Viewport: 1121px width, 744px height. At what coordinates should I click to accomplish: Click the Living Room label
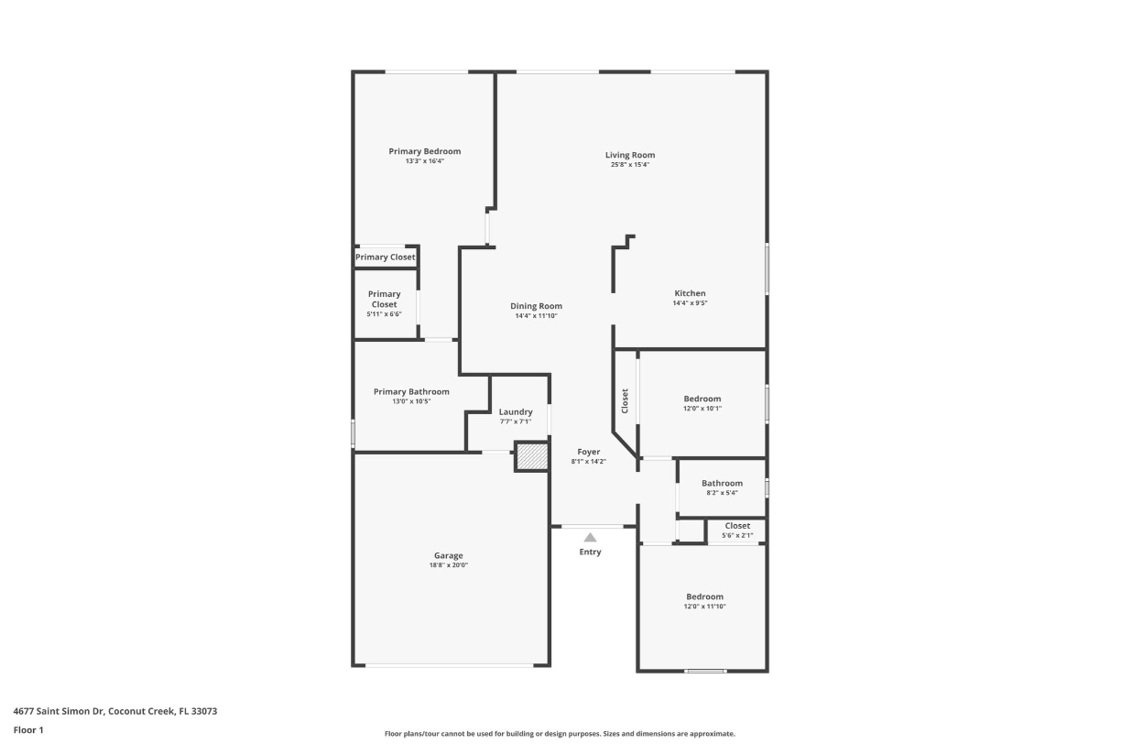click(x=630, y=155)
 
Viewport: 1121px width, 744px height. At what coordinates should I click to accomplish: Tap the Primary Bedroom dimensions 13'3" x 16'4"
click(x=424, y=161)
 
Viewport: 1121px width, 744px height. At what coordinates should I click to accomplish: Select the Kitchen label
click(x=690, y=293)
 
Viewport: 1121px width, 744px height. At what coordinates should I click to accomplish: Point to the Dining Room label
click(x=536, y=306)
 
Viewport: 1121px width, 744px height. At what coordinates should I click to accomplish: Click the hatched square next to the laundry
click(x=531, y=456)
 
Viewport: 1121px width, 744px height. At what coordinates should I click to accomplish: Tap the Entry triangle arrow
click(x=591, y=538)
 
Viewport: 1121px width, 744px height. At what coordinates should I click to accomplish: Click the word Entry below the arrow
click(x=591, y=552)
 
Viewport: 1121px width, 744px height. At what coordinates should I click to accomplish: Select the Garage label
click(x=448, y=555)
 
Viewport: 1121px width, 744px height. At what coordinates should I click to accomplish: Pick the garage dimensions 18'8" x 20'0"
click(x=448, y=565)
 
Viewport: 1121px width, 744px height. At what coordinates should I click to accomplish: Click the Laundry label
click(x=516, y=412)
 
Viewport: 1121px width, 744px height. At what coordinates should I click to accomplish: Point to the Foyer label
click(x=588, y=452)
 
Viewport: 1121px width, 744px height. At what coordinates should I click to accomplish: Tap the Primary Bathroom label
click(x=411, y=391)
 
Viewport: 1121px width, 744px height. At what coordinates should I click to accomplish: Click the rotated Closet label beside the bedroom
click(x=626, y=400)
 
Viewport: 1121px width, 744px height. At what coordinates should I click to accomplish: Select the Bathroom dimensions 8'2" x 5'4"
click(x=722, y=493)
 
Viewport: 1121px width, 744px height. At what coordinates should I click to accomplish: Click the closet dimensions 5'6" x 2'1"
click(x=736, y=535)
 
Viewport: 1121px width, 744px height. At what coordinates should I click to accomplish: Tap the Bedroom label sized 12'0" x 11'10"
click(x=704, y=596)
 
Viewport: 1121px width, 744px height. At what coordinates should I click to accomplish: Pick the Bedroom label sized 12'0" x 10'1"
click(x=702, y=399)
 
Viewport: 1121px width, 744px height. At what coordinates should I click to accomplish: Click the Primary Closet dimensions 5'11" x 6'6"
click(x=384, y=314)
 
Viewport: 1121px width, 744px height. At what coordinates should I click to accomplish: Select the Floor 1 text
click(x=28, y=730)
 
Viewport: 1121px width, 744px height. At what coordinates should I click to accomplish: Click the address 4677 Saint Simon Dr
click(x=60, y=711)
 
